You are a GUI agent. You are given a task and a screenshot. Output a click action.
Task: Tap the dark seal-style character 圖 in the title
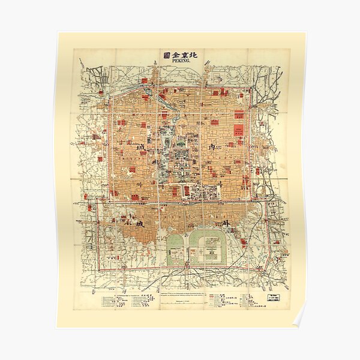(166, 55)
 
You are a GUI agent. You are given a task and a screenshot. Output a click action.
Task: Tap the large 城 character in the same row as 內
(141, 147)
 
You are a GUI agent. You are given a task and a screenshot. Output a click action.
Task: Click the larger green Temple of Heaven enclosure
(208, 247)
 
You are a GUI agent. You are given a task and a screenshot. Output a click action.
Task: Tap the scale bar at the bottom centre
(180, 305)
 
